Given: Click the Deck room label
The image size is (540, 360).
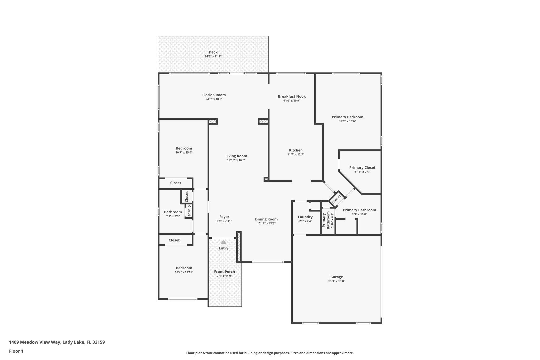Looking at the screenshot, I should coord(213,52).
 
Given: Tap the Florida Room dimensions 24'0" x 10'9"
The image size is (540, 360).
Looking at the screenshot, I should coord(214,99).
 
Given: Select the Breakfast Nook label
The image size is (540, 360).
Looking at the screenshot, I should coord(292,96).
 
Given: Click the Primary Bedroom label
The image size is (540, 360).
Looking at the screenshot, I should coord(347,117).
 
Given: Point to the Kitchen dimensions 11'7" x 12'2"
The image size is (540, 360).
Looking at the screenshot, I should coord(296,155).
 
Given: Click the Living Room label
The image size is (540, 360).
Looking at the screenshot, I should coord(236,156).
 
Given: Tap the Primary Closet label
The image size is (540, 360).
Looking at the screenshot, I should coord(362,167).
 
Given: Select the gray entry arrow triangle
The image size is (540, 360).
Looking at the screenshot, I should coord(223,242).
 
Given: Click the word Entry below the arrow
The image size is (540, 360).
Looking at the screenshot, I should coord(223,248).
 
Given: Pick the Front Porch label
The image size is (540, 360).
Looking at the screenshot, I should coord(224,272).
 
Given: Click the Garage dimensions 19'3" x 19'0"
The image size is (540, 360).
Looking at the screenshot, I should coord(336,281).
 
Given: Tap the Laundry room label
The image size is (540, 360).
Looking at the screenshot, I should coord(305,217).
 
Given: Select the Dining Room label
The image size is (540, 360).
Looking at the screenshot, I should coord(266,219).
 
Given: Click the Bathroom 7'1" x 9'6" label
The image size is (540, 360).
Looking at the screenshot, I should coord(173,212).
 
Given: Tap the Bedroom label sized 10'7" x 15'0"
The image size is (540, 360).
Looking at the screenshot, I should coord(184,148).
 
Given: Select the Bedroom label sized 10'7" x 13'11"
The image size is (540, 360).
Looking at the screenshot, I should coord(184,268).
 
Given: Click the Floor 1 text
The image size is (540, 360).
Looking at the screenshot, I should coord(16,351).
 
